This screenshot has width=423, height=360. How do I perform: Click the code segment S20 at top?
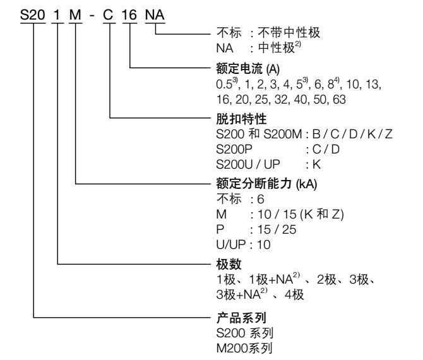(32, 13)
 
